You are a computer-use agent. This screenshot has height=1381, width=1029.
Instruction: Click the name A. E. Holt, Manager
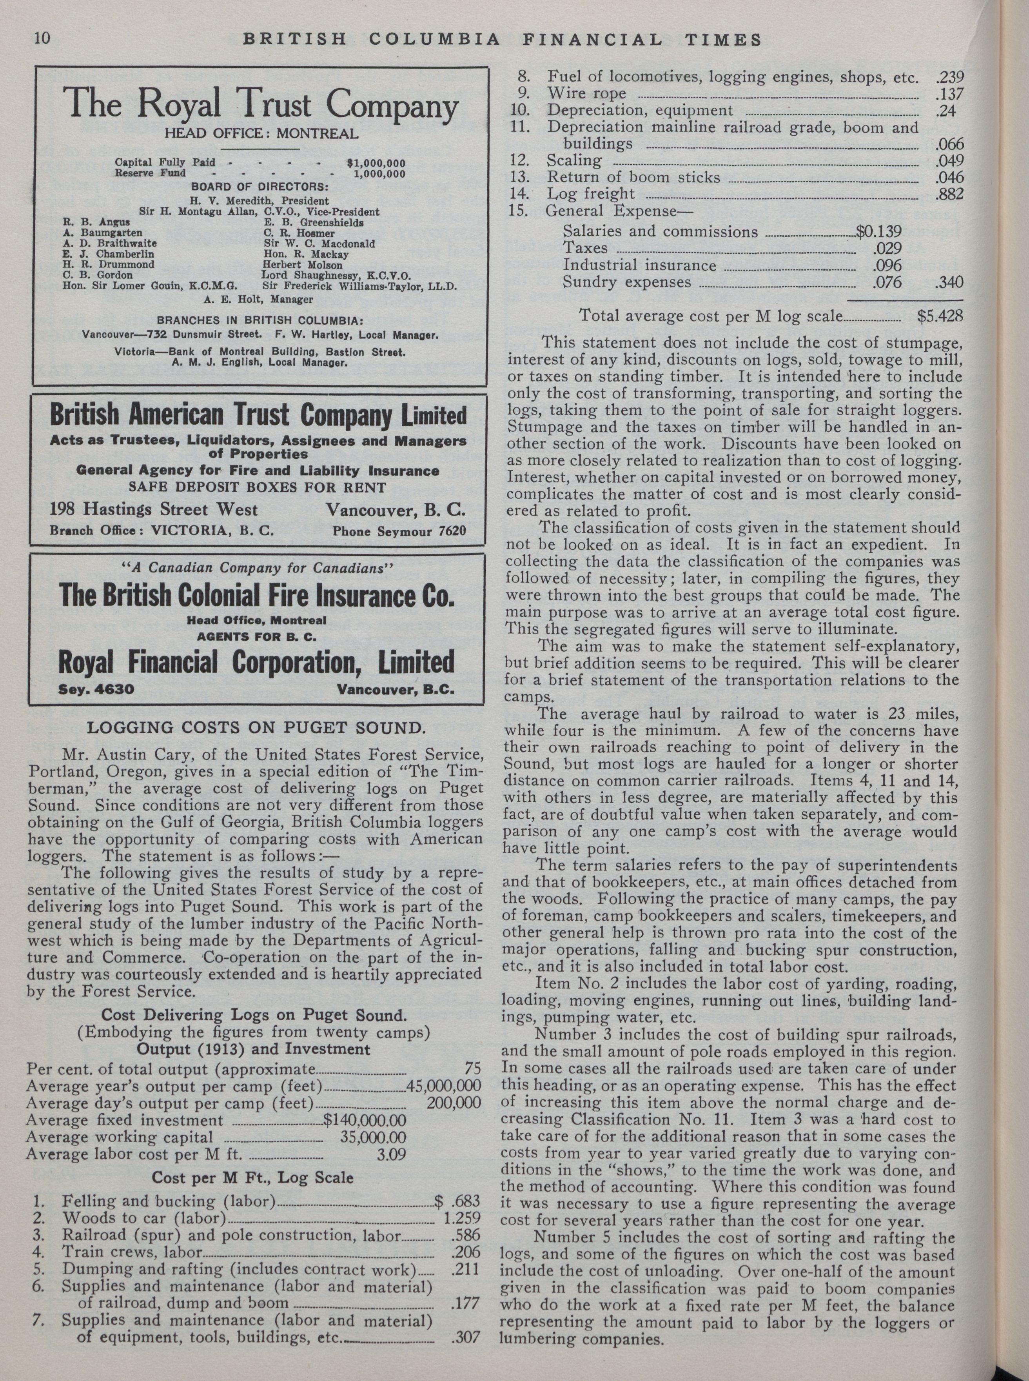click(x=258, y=299)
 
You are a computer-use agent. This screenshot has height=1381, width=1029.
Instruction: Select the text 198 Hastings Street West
click(x=153, y=510)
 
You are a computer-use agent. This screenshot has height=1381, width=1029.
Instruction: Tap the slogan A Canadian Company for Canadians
click(x=257, y=567)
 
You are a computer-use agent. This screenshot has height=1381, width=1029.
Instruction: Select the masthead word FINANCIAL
click(x=592, y=40)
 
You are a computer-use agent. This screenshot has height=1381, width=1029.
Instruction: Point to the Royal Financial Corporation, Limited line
click(x=256, y=662)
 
